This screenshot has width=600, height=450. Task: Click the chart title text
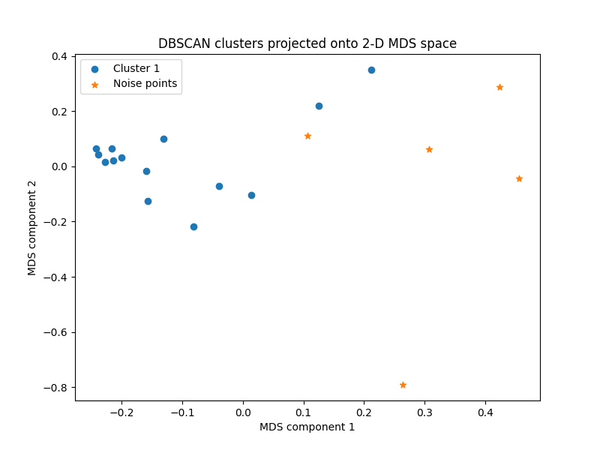(x=307, y=43)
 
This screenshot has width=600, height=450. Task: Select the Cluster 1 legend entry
(x=136, y=68)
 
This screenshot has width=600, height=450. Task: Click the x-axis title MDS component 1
(x=307, y=427)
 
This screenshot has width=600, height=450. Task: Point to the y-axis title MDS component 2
(x=32, y=227)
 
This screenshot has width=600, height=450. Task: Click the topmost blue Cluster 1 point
(x=371, y=70)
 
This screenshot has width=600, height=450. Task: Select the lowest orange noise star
(x=403, y=385)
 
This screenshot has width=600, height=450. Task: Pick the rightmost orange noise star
(x=519, y=178)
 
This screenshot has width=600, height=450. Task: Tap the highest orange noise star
(x=499, y=87)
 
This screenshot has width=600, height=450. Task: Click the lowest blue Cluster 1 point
(x=193, y=226)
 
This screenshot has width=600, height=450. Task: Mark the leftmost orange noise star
(x=307, y=136)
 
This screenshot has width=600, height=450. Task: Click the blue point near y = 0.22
(x=319, y=106)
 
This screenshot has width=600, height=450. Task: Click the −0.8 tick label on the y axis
(x=56, y=388)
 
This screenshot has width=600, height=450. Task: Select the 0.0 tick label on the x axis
(x=243, y=412)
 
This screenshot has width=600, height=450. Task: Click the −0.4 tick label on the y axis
(x=56, y=277)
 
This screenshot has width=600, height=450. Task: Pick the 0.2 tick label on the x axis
(x=364, y=412)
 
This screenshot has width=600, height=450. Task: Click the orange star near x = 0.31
(x=429, y=149)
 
